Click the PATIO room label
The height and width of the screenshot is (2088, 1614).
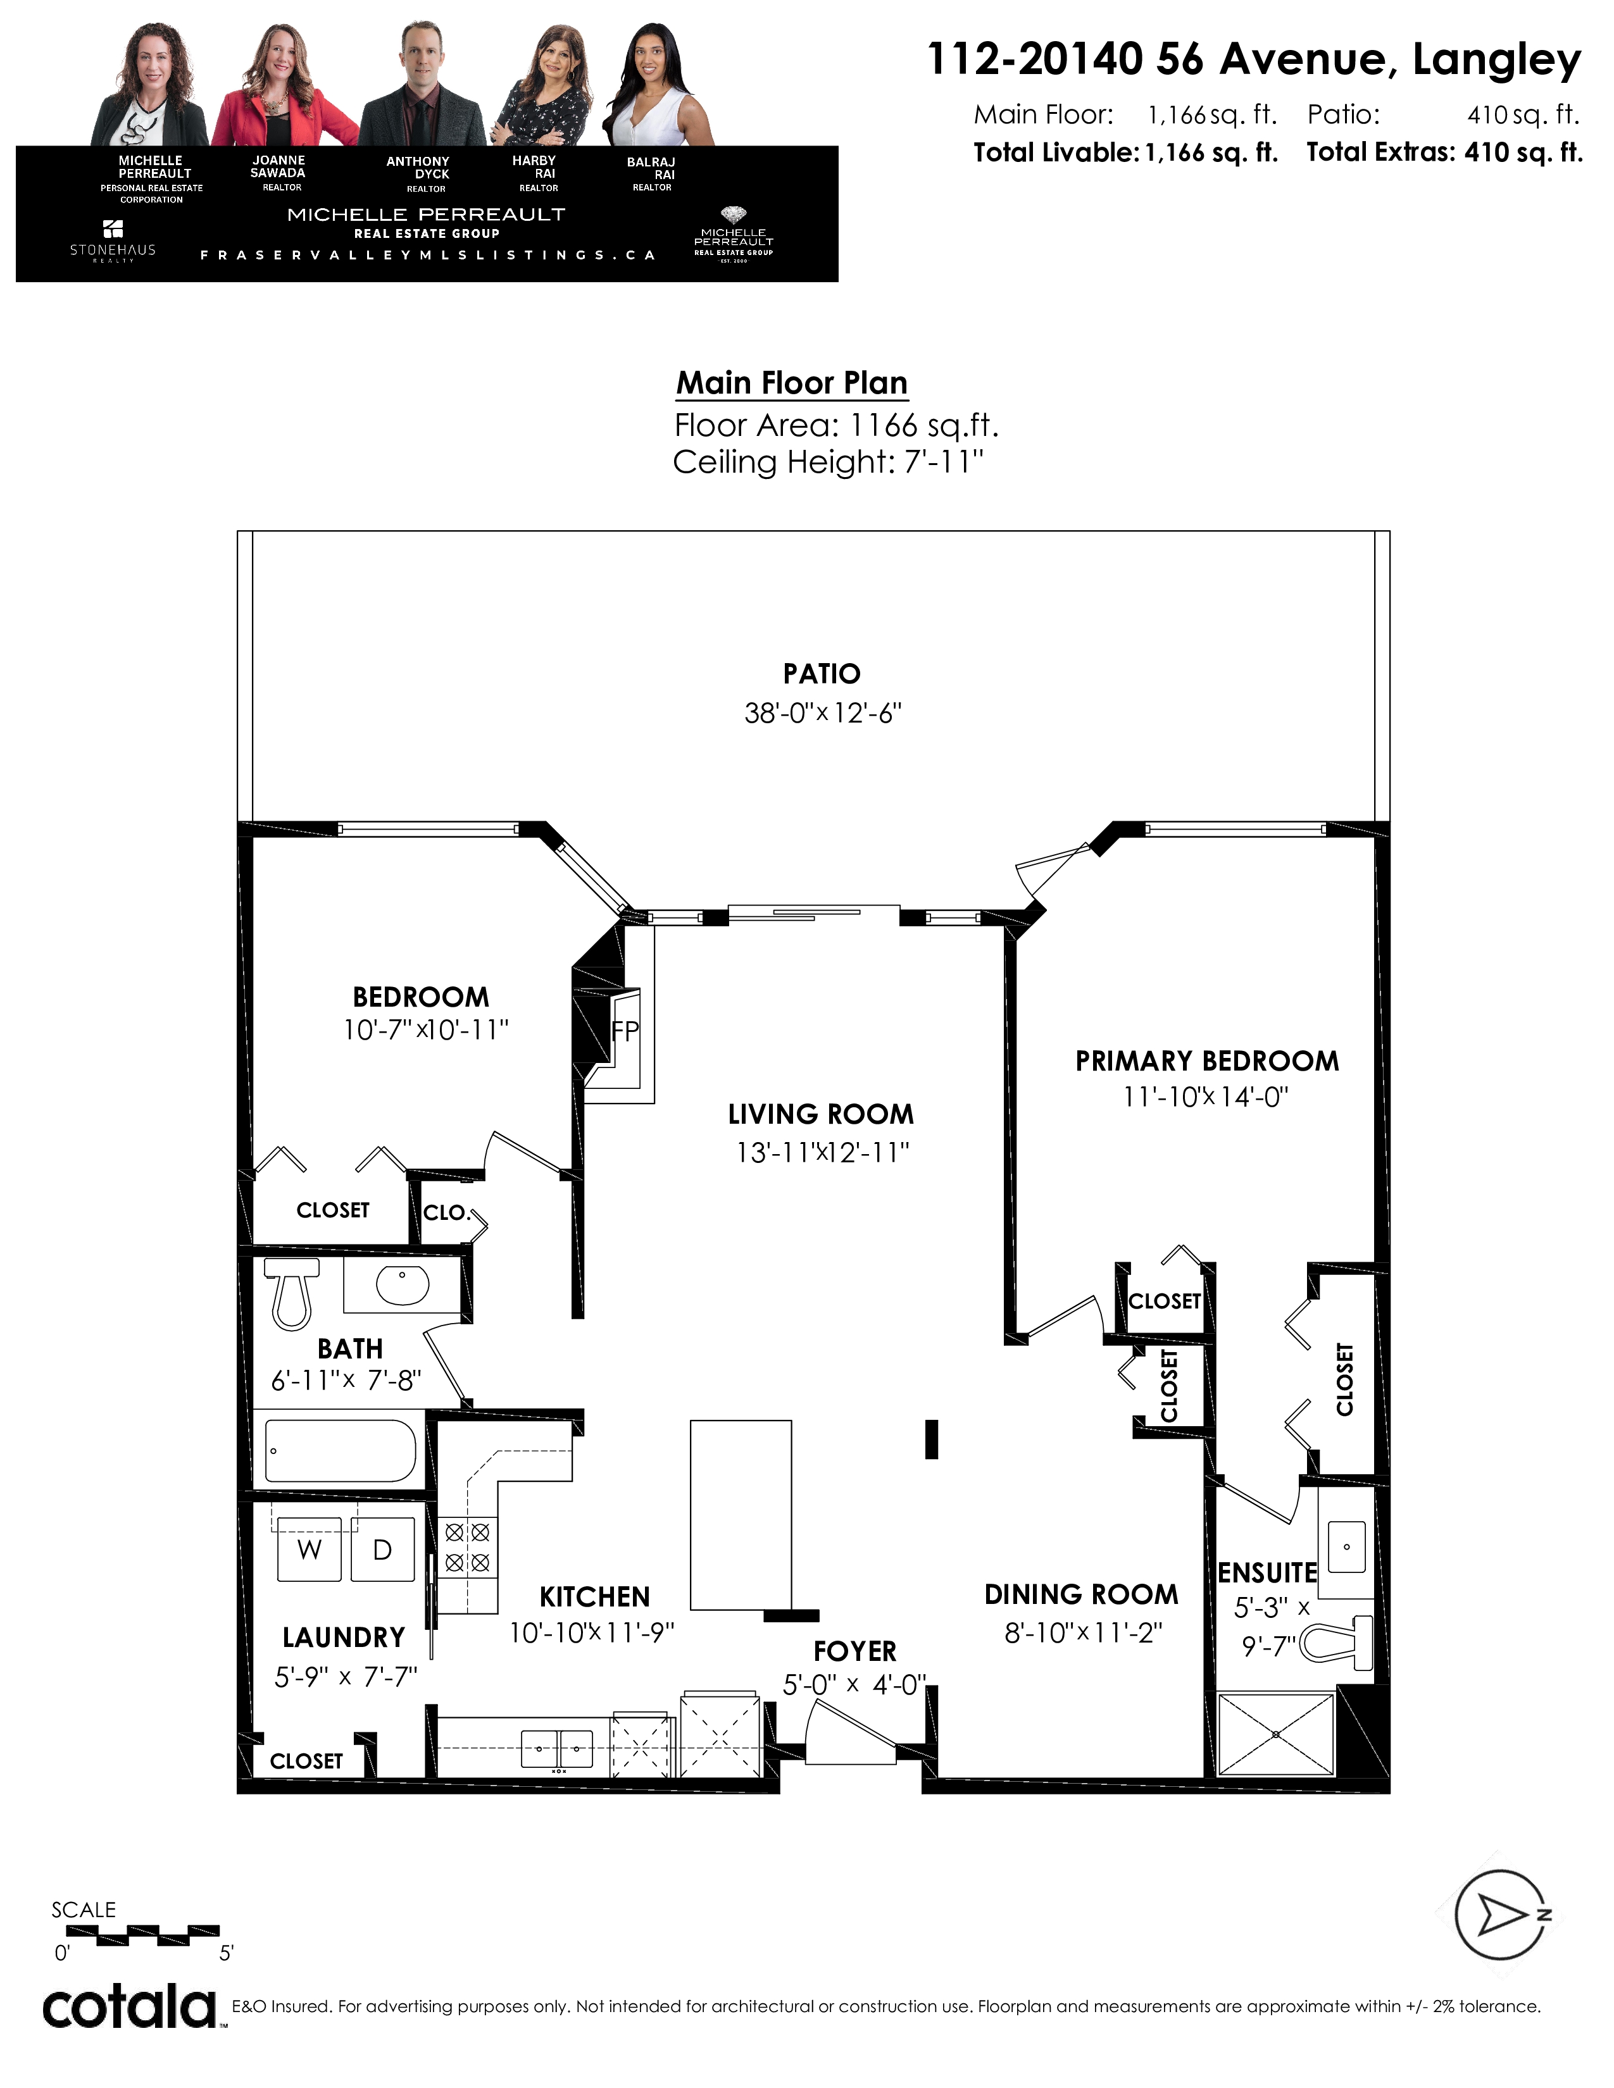coord(822,674)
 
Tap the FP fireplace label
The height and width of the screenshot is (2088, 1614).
coord(625,1031)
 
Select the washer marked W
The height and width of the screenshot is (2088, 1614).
coord(309,1550)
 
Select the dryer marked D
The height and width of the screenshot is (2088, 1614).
coord(382,1550)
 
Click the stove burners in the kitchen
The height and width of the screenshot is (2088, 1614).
coord(468,1548)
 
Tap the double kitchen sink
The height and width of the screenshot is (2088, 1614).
coord(556,1749)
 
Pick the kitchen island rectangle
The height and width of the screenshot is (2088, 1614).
coord(741,1514)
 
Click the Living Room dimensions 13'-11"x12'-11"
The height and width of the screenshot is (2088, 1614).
coord(822,1153)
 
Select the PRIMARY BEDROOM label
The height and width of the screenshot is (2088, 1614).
coord(1206,1061)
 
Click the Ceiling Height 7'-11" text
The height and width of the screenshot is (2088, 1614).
coord(828,463)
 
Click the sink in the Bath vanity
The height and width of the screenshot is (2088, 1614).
coord(403,1285)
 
